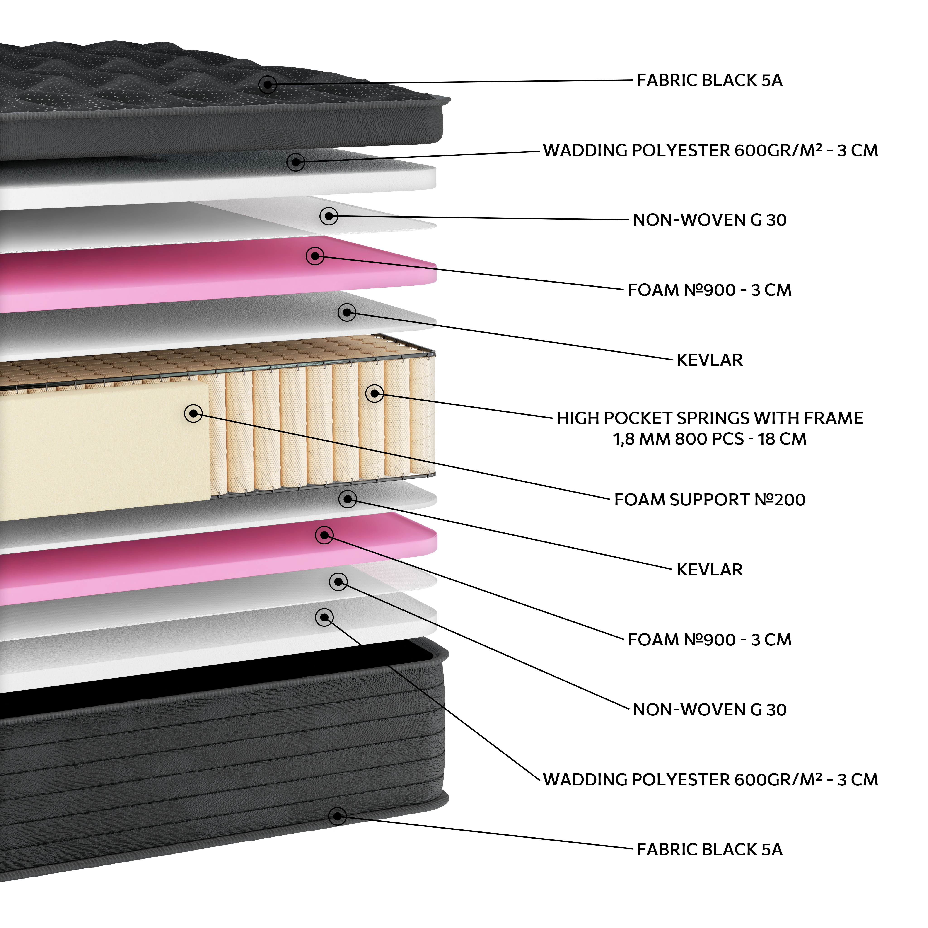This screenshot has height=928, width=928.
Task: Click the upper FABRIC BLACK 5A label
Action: [709, 80]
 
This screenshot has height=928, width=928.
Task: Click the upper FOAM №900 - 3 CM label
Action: [709, 290]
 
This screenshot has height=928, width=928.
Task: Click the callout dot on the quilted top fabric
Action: [268, 85]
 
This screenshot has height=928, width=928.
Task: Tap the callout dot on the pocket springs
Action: [375, 393]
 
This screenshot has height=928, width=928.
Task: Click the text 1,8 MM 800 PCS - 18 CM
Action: [709, 439]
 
